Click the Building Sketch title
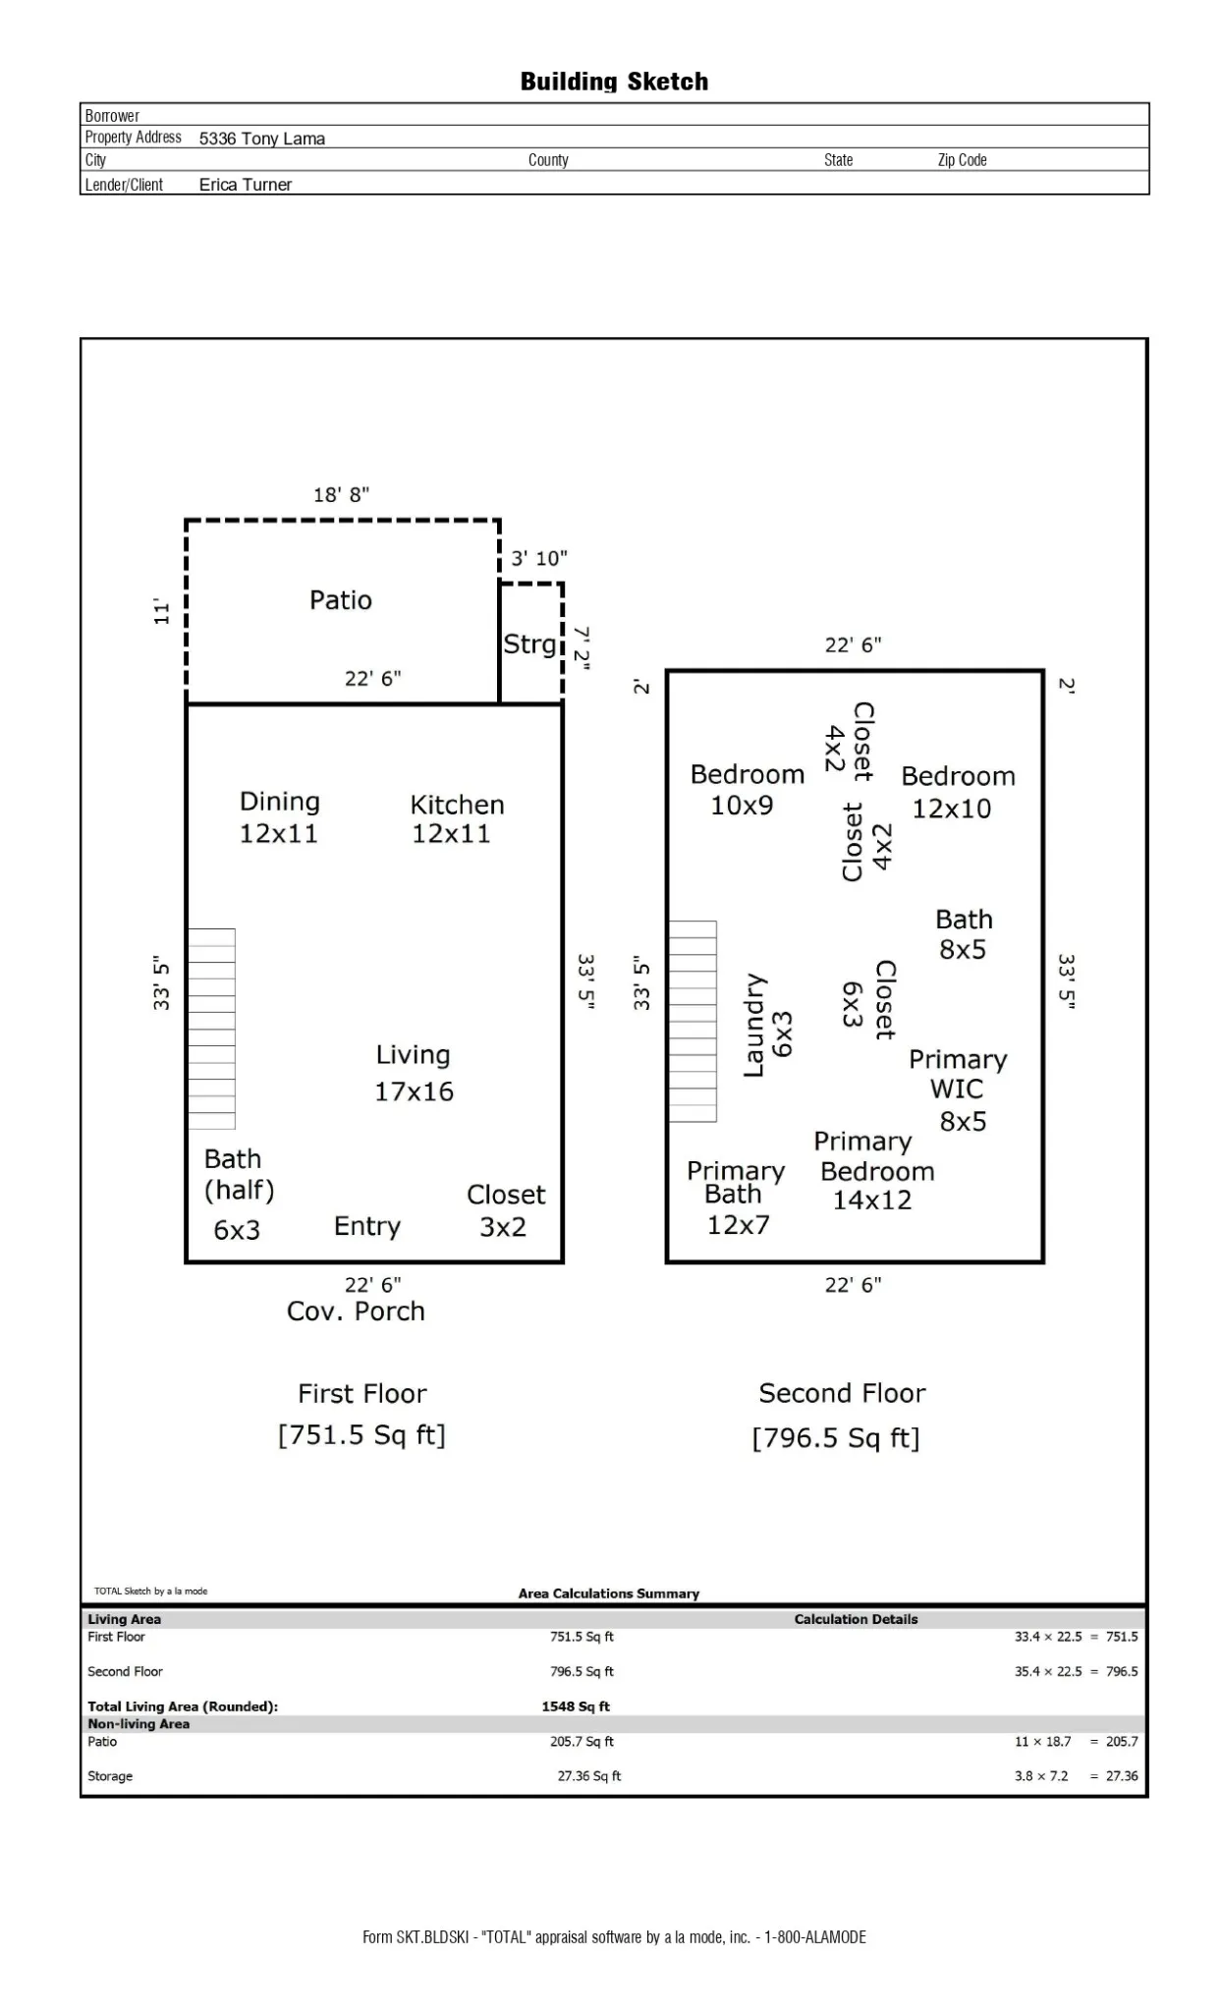pyautogui.click(x=614, y=82)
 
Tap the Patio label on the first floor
pyautogui.click(x=341, y=600)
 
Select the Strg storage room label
pyautogui.click(x=529, y=644)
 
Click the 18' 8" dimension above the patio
pyautogui.click(x=341, y=495)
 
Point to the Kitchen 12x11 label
pyautogui.click(x=456, y=818)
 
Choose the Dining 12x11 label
pyautogui.click(x=280, y=817)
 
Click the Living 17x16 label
pyautogui.click(x=414, y=1073)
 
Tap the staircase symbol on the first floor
pyautogui.click(x=211, y=1029)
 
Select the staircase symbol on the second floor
pyautogui.click(x=693, y=1022)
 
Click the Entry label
pyautogui.click(x=367, y=1226)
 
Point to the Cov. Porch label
pyautogui.click(x=356, y=1312)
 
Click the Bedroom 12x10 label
pyautogui.click(x=957, y=792)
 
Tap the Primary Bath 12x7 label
pyautogui.click(x=736, y=1198)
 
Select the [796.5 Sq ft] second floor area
pyautogui.click(x=836, y=1438)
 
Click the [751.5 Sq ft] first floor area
pyautogui.click(x=361, y=1435)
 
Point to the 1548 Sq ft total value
pyautogui.click(x=576, y=1706)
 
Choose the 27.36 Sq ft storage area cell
pyautogui.click(x=589, y=1776)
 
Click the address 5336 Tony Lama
pyautogui.click(x=262, y=139)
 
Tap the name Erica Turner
pyautogui.click(x=246, y=185)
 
